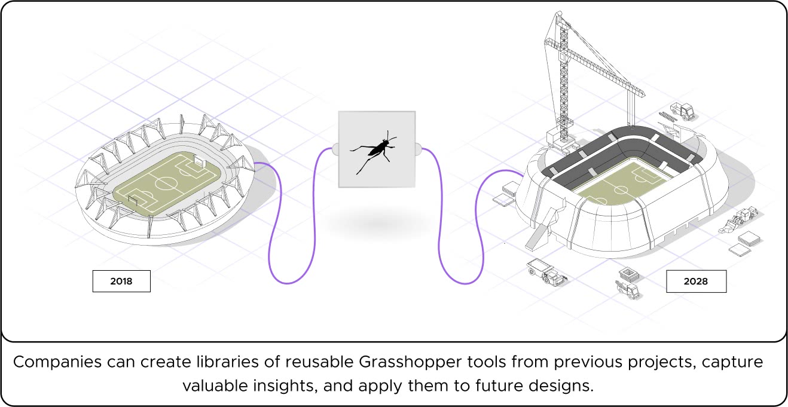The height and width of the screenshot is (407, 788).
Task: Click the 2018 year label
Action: (x=121, y=280)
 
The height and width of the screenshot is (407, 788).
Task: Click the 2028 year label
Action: (x=696, y=281)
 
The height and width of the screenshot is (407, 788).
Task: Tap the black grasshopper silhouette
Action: (x=375, y=151)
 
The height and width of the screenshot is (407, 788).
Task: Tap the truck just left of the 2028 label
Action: (x=628, y=286)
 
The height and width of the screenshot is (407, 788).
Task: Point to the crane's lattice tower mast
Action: (x=562, y=78)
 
